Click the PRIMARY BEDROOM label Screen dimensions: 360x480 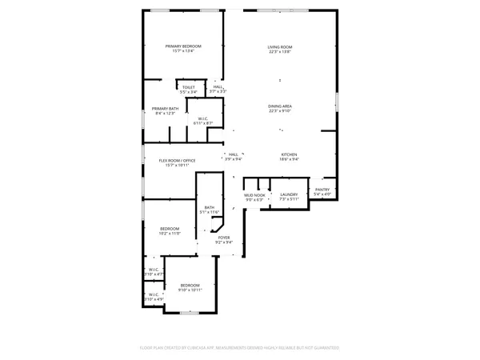[183, 46]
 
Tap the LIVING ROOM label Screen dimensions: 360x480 [280, 47]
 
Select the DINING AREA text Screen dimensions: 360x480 [280, 106]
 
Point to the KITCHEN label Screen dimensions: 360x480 [289, 154]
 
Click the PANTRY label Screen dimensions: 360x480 [322, 190]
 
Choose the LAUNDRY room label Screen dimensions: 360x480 [289, 194]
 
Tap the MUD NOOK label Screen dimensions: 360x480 [254, 194]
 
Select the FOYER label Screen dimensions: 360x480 [224, 238]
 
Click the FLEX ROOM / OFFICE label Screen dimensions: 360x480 [176, 161]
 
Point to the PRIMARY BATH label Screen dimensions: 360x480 [165, 108]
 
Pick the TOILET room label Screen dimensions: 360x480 [188, 87]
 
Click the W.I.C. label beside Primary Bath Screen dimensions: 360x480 [203, 118]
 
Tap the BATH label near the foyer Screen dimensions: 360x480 [209, 208]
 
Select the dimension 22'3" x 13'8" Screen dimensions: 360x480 [280, 52]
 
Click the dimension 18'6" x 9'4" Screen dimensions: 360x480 [289, 159]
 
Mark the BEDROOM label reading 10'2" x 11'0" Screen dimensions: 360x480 [170, 229]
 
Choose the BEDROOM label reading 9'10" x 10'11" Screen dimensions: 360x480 [190, 285]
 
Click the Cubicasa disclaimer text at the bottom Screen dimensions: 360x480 [240, 348]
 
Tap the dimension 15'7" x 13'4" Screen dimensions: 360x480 [183, 51]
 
